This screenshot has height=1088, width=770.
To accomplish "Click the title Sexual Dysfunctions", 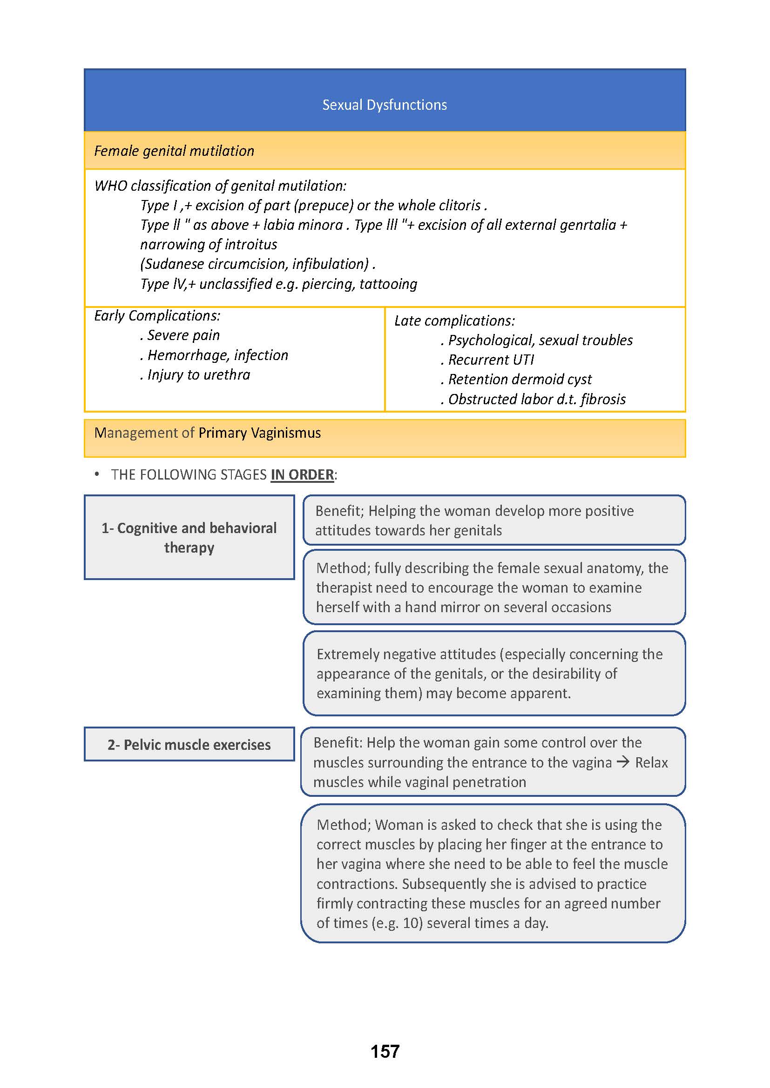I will [385, 105].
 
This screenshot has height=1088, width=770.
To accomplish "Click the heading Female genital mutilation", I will [174, 151].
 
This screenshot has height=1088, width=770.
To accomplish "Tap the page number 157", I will [385, 1052].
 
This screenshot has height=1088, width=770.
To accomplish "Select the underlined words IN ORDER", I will [302, 475].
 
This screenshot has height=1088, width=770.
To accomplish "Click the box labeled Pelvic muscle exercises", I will [189, 744].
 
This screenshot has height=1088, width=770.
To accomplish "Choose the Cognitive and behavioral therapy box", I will [189, 537].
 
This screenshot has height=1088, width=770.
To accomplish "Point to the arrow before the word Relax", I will [623, 762].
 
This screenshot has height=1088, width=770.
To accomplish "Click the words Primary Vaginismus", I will [259, 433].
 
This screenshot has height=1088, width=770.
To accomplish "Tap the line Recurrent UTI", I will [491, 360].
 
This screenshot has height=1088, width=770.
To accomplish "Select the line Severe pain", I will [183, 335].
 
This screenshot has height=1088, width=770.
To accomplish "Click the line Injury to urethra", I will [198, 375].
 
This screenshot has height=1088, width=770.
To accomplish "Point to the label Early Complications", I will [157, 315].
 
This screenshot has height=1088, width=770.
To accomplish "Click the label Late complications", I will [454, 321].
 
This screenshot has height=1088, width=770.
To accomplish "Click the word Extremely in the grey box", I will [348, 654].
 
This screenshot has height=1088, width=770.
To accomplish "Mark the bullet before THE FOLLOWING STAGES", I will [97, 474].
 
